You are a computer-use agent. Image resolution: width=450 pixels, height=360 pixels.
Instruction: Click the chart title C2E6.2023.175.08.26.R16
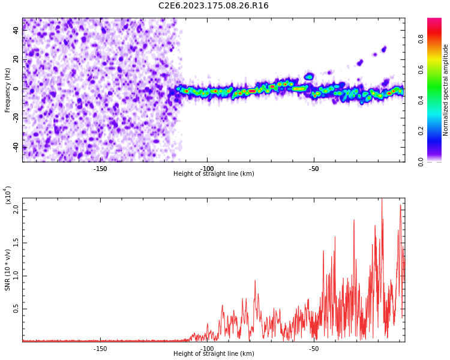tap(213, 6)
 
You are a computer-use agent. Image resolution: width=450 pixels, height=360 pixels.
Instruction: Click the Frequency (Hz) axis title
tap(8, 90)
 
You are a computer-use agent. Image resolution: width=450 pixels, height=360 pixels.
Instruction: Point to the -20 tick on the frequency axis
tap(15, 118)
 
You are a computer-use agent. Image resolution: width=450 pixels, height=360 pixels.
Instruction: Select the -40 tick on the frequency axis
tap(15, 146)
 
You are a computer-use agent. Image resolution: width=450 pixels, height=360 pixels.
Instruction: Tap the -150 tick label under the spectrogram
tap(100, 168)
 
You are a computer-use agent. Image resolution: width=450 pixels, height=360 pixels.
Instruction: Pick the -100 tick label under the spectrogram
tap(207, 168)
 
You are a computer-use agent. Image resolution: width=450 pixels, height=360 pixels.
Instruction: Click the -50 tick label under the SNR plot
tap(313, 349)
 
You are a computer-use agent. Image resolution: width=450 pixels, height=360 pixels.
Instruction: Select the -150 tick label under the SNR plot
tap(100, 349)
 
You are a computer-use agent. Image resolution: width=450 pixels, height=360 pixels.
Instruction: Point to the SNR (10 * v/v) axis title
tap(8, 268)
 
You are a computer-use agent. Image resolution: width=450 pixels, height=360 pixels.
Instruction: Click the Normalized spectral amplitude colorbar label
tap(446, 90)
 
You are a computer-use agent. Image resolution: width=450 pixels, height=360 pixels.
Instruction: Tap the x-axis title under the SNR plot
tap(214, 354)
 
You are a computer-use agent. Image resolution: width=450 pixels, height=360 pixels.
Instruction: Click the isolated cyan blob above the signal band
tap(309, 77)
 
